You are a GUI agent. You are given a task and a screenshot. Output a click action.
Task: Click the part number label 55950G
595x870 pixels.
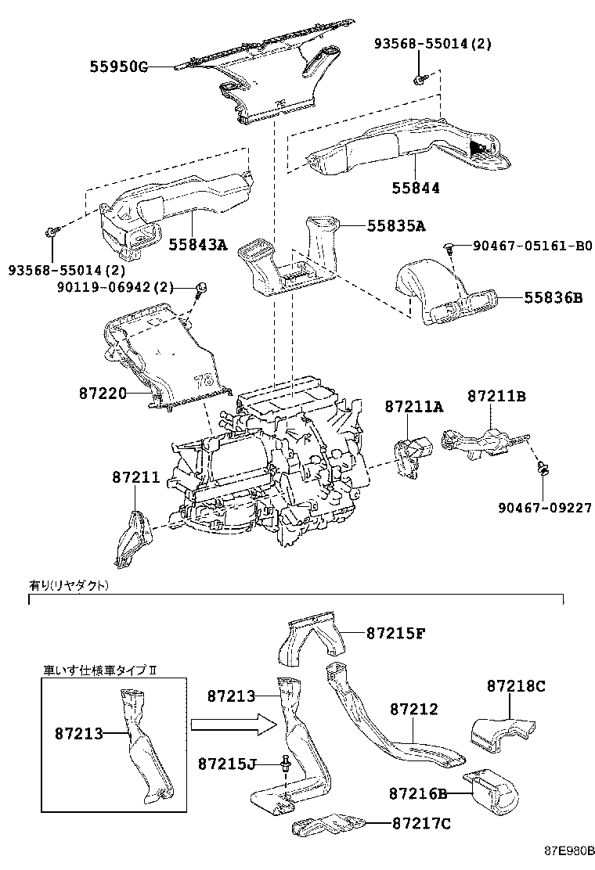[x=117, y=67]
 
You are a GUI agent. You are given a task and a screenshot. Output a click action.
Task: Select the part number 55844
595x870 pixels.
[x=416, y=188]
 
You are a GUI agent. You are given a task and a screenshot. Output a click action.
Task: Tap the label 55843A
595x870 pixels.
[x=197, y=245]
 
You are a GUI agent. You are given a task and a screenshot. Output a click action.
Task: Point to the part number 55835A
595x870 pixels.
[x=396, y=226]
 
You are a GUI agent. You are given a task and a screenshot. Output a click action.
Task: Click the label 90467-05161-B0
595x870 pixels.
[x=532, y=246]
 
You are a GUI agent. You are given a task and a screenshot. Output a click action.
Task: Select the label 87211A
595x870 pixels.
[x=413, y=406]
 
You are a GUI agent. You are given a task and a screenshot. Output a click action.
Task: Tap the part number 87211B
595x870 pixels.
[x=497, y=397]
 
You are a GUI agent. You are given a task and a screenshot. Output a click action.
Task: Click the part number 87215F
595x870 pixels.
[x=395, y=633]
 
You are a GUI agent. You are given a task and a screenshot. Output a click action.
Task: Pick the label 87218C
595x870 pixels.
[x=516, y=686]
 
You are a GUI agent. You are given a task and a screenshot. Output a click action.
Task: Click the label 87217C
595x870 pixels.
[x=420, y=823]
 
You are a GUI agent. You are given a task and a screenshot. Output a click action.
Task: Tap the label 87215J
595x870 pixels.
[x=227, y=763]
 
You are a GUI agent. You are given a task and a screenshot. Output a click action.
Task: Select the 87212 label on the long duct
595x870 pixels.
[x=413, y=710]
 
